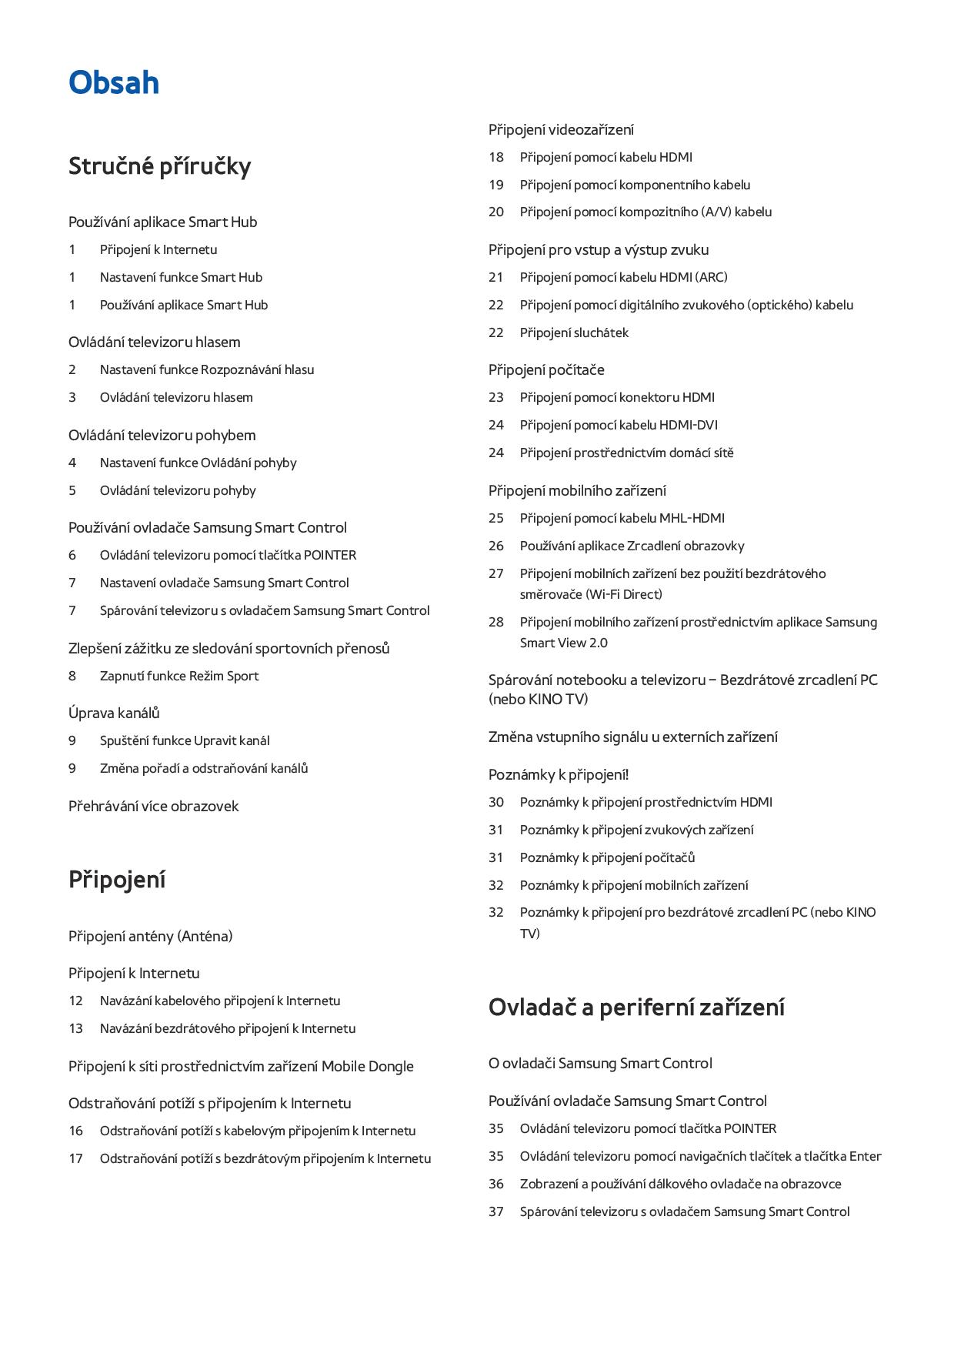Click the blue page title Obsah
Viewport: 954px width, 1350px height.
114,82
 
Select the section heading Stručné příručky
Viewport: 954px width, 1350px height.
159,166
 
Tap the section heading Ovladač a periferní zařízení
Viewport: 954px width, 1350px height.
636,1007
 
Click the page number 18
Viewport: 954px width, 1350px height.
496,157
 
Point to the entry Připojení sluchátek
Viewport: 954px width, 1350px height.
574,332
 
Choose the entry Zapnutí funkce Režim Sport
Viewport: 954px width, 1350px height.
178,676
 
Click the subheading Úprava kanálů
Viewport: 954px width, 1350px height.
114,713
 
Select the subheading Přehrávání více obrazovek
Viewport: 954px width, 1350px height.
153,806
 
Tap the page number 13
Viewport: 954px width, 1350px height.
75,1028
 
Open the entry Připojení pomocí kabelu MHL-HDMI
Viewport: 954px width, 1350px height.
622,518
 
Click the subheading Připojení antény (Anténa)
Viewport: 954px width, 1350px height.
150,936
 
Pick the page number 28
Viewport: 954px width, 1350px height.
496,622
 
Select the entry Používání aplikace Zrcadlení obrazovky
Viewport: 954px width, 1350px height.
632,546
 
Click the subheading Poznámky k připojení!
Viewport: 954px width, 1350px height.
559,774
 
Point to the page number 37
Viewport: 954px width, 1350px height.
496,1211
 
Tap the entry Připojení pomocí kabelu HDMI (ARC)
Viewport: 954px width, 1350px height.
623,277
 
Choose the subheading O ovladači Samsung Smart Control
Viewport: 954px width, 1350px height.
600,1063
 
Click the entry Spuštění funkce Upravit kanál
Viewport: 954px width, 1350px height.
185,740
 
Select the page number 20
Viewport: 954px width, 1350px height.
496,212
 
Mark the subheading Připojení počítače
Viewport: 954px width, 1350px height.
546,369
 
